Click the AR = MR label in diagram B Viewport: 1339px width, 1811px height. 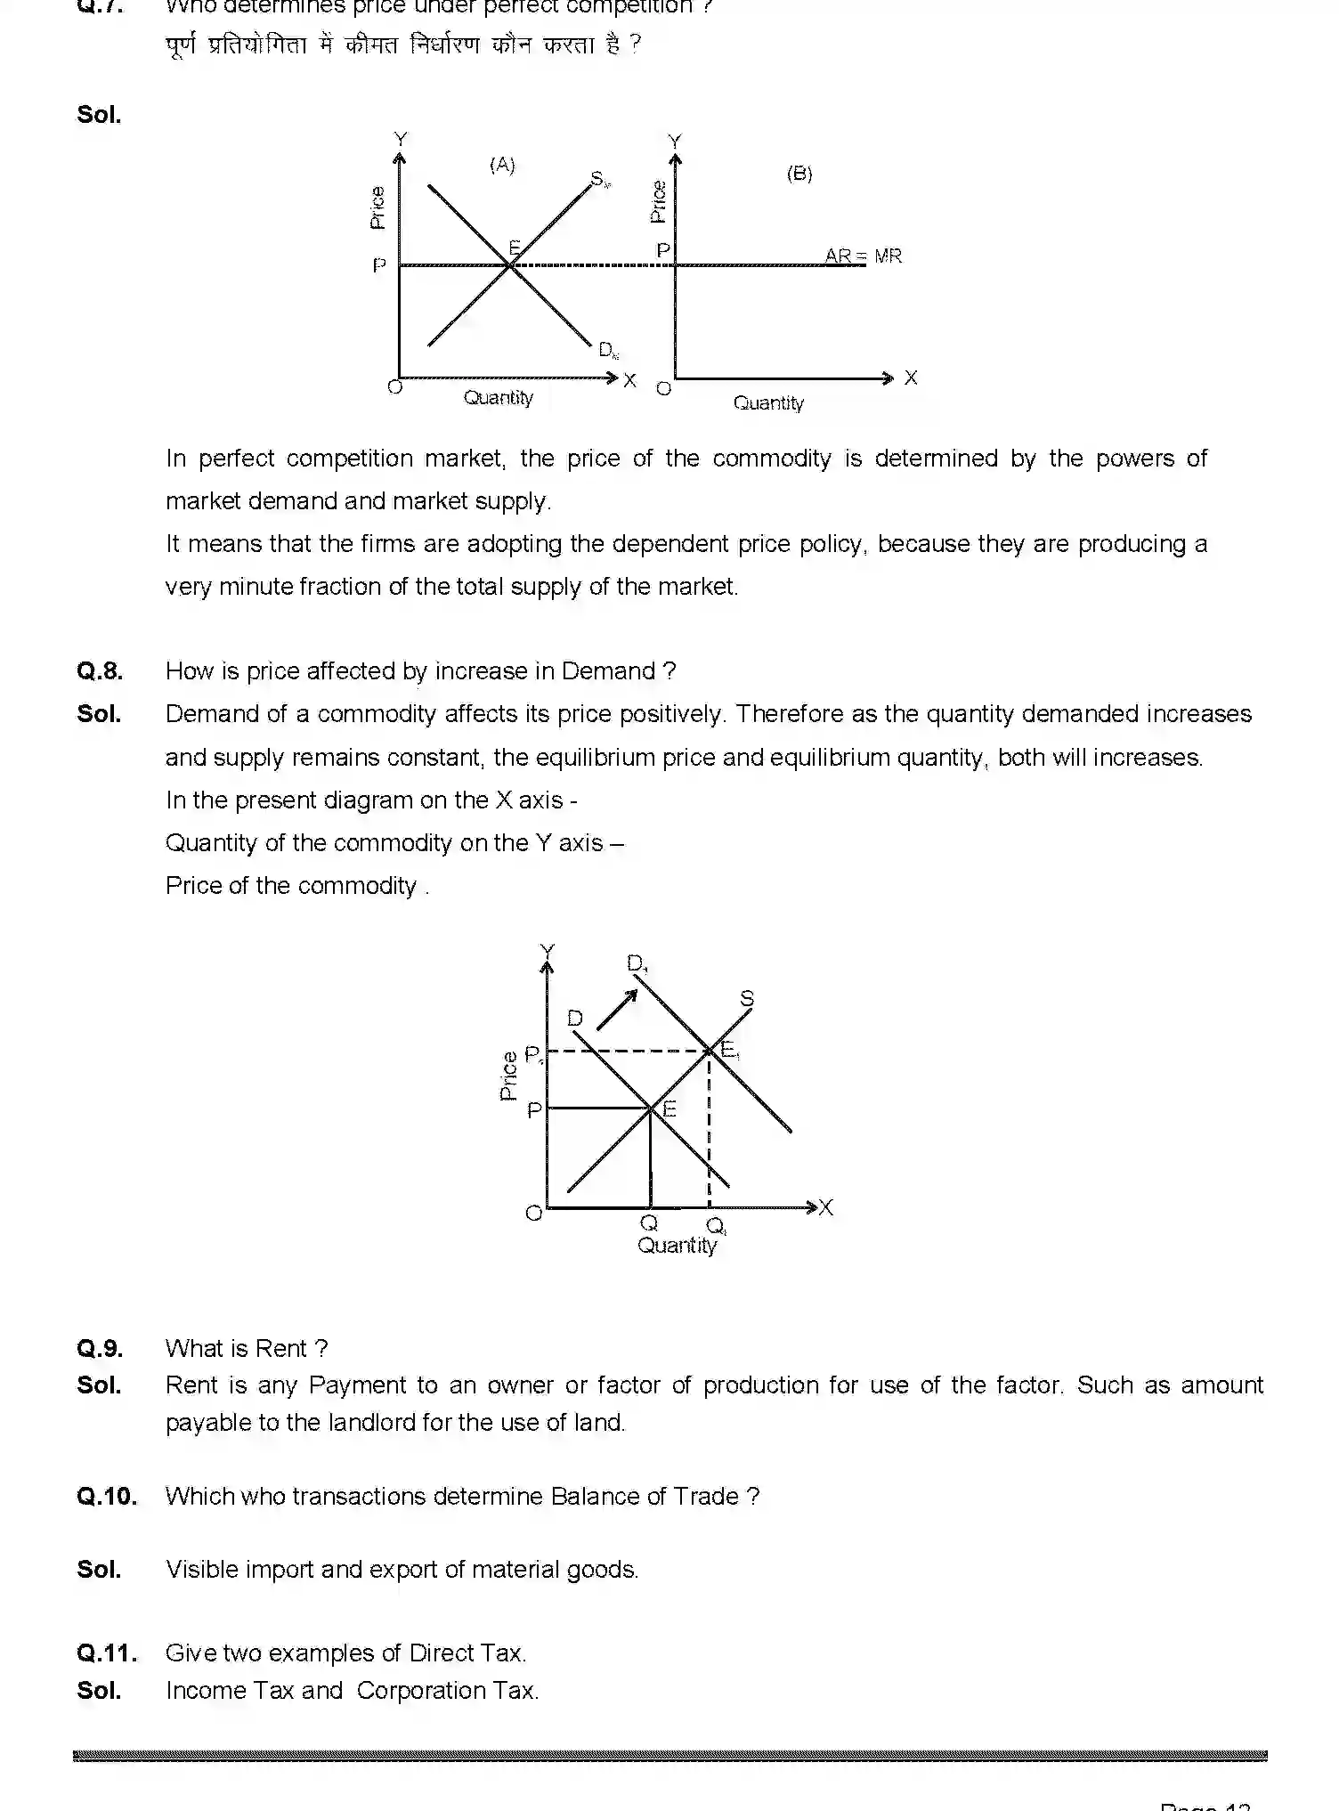tap(863, 256)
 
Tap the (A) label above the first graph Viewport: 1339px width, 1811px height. tap(502, 165)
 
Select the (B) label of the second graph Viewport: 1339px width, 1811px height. tap(799, 174)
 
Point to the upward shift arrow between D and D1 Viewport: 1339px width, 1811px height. tap(617, 1010)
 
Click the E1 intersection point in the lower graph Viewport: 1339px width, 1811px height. tap(710, 1052)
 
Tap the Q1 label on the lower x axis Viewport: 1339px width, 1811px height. tap(716, 1227)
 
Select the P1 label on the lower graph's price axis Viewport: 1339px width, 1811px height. tap(533, 1055)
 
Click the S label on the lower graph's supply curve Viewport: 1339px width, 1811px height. tap(747, 998)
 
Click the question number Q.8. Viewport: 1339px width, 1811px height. tap(100, 671)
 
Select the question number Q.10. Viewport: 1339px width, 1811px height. tap(107, 1496)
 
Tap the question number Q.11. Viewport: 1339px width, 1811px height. tap(107, 1653)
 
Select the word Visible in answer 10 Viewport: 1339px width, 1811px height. tap(201, 1569)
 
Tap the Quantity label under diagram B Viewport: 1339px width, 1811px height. tap(767, 403)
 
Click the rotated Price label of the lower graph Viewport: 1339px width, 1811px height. tap(509, 1076)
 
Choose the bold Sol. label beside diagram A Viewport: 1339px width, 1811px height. tap(99, 115)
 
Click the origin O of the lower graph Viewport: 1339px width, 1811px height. tap(534, 1213)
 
